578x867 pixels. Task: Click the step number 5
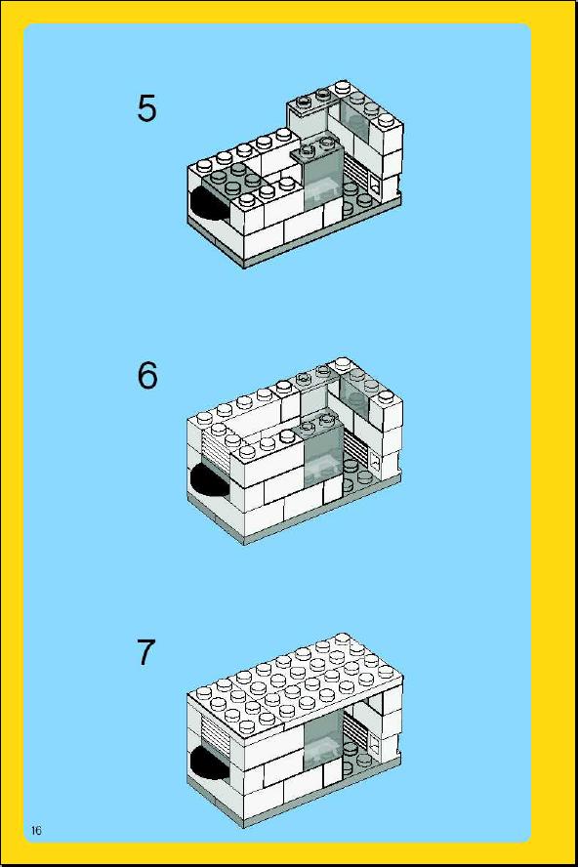point(146,108)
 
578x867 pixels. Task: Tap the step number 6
point(147,376)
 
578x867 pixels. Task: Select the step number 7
point(144,652)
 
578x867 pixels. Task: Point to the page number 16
point(36,831)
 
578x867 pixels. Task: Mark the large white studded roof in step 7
point(295,685)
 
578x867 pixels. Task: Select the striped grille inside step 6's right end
point(356,446)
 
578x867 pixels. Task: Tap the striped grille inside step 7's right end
point(356,725)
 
